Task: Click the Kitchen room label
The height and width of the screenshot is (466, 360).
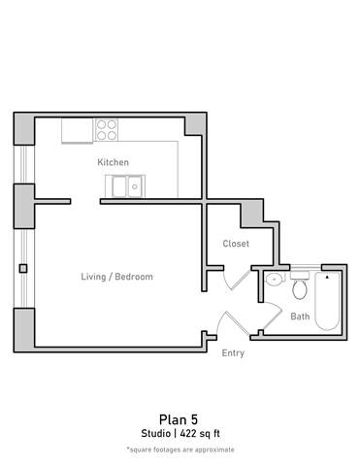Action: [x=113, y=162]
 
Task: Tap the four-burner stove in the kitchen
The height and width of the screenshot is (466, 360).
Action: [x=106, y=130]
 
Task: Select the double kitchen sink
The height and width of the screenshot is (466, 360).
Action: [x=125, y=185]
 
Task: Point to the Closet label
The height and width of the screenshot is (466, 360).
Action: [x=236, y=244]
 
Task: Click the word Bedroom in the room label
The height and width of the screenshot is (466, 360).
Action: [x=135, y=277]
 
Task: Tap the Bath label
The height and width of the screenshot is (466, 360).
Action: [x=300, y=316]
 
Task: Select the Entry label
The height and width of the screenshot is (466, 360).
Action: [x=233, y=352]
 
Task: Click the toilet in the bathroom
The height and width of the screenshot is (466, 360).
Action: [x=299, y=285]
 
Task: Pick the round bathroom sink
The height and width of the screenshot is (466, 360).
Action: [x=275, y=279]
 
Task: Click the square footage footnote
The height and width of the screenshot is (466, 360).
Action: [x=180, y=449]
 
